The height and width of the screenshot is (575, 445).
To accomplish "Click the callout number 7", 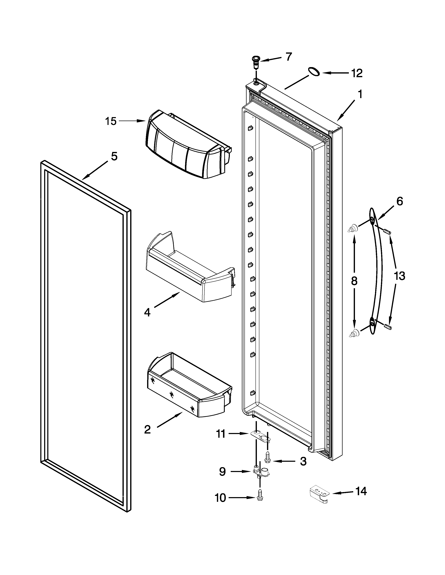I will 289,57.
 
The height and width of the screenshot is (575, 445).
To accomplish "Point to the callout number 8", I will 354,281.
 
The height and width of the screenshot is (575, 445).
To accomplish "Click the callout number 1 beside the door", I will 360,94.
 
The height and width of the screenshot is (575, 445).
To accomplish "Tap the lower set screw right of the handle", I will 388,327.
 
